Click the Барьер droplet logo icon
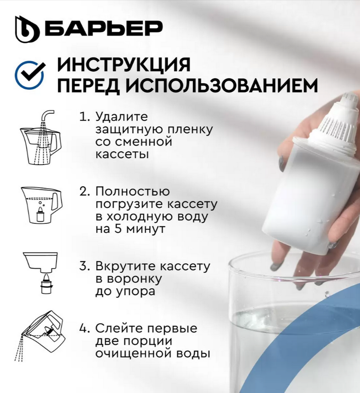[x=27, y=29]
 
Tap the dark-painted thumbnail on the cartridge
[x=282, y=163]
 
